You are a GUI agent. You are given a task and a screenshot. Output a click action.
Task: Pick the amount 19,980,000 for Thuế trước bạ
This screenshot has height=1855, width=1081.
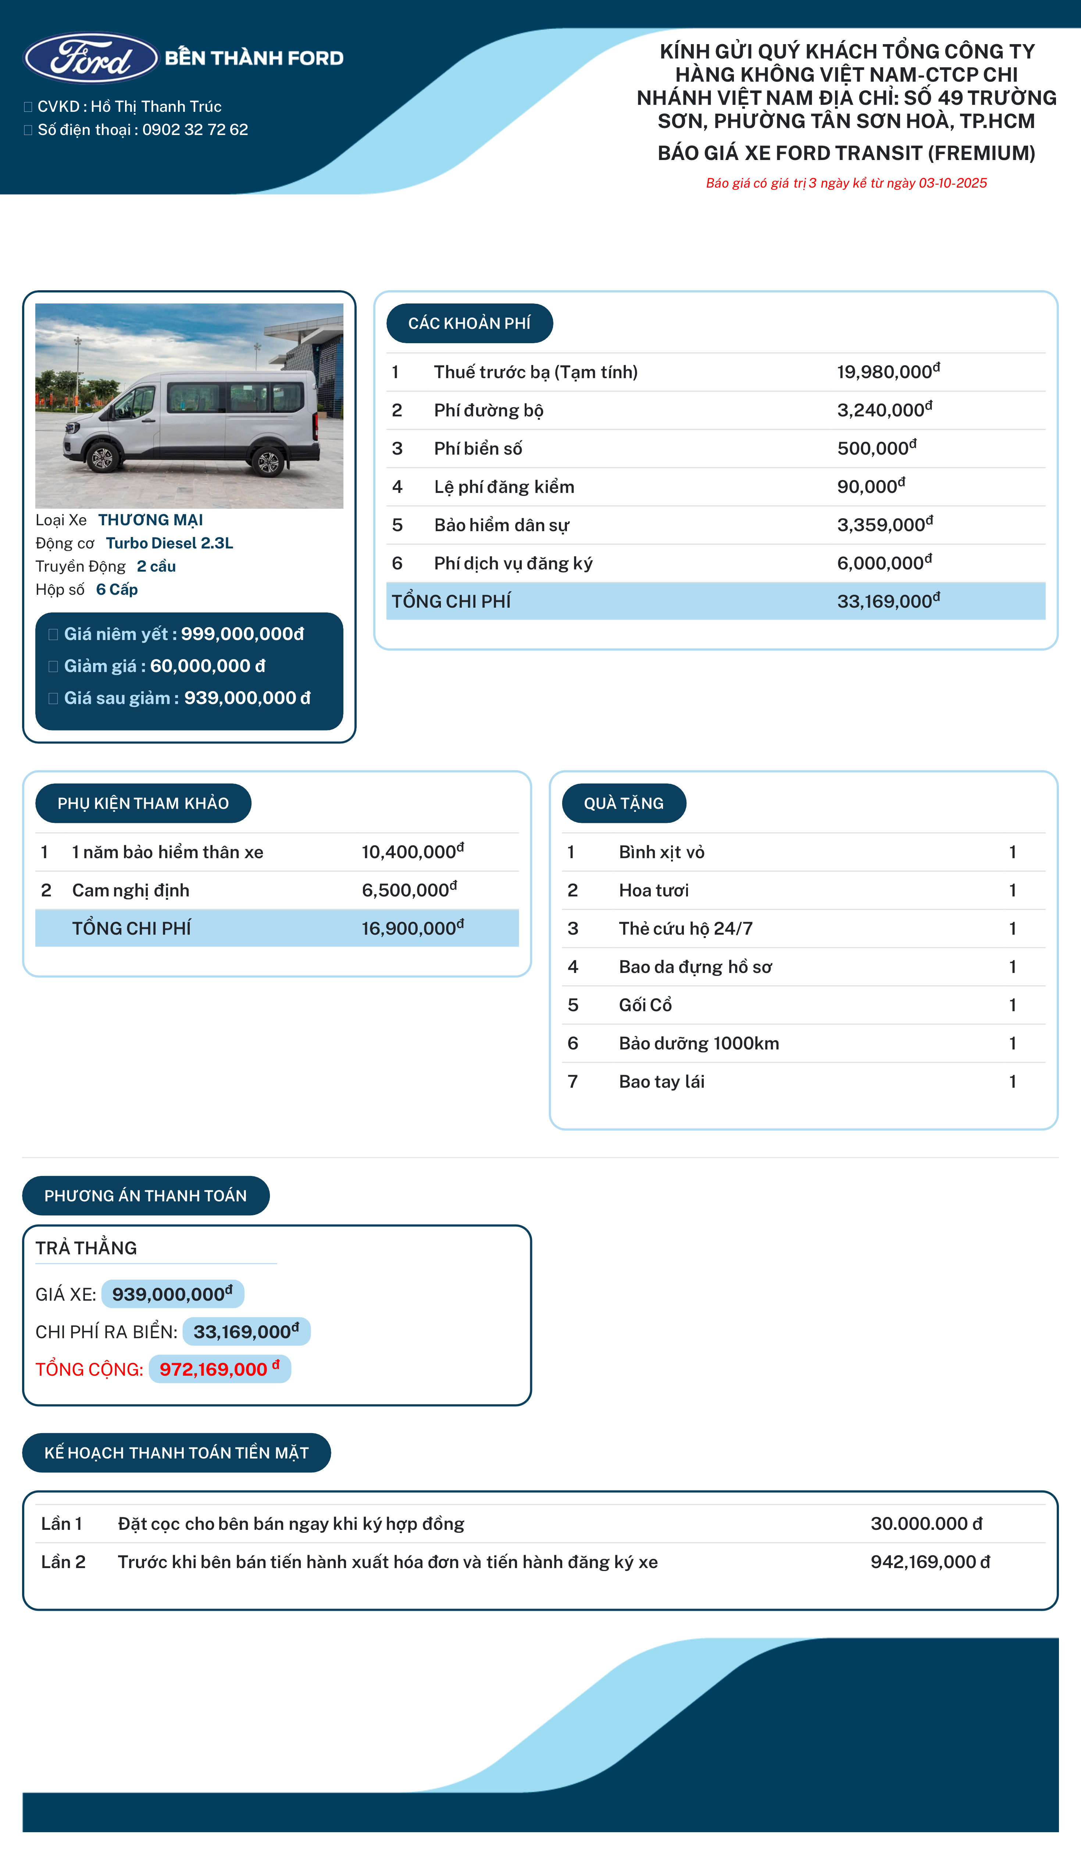point(888,372)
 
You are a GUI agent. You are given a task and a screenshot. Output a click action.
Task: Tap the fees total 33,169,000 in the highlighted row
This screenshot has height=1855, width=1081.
point(888,601)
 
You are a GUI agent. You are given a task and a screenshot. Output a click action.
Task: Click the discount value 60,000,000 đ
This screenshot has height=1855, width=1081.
point(207,666)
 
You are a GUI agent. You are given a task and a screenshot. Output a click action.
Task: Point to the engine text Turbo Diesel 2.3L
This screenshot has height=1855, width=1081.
point(169,543)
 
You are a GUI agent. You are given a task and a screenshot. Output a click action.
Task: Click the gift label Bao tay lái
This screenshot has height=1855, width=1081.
point(661,1081)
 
